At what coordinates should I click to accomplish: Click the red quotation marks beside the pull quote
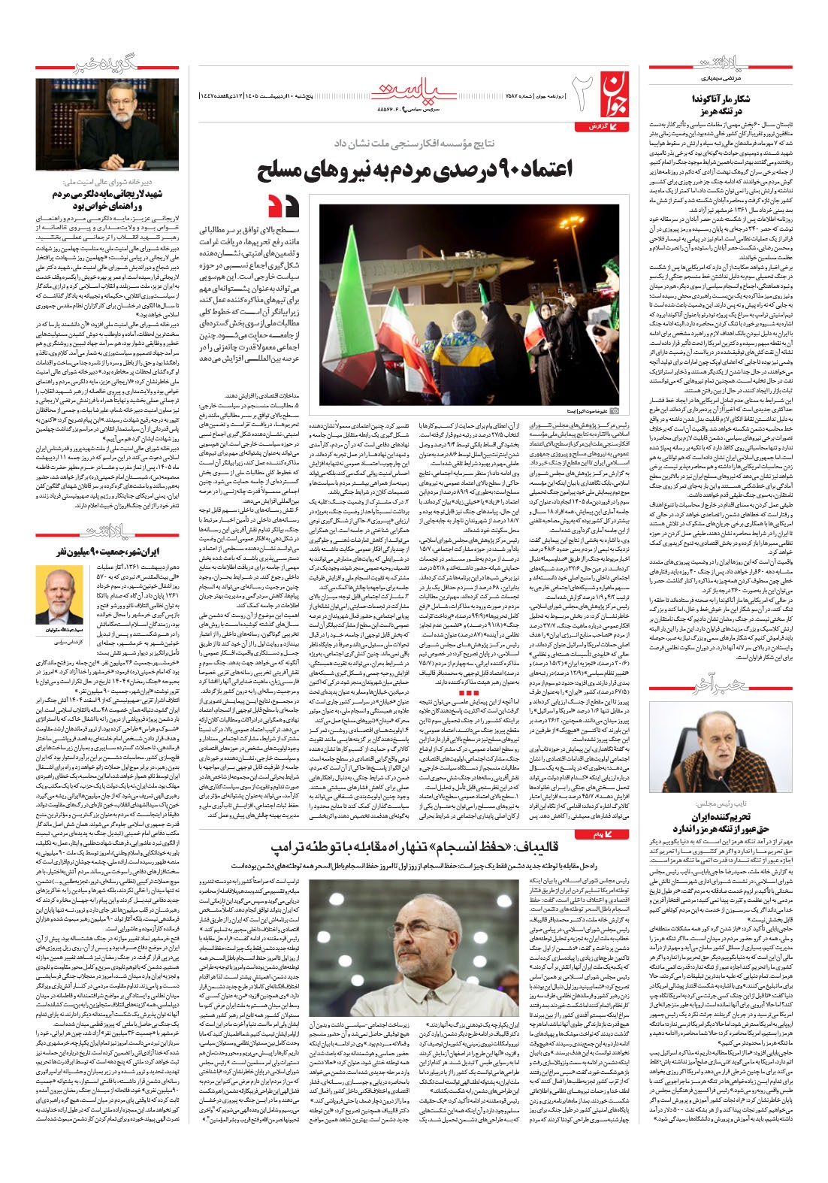click(285, 204)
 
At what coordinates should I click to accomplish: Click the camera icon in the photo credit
click(615, 411)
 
